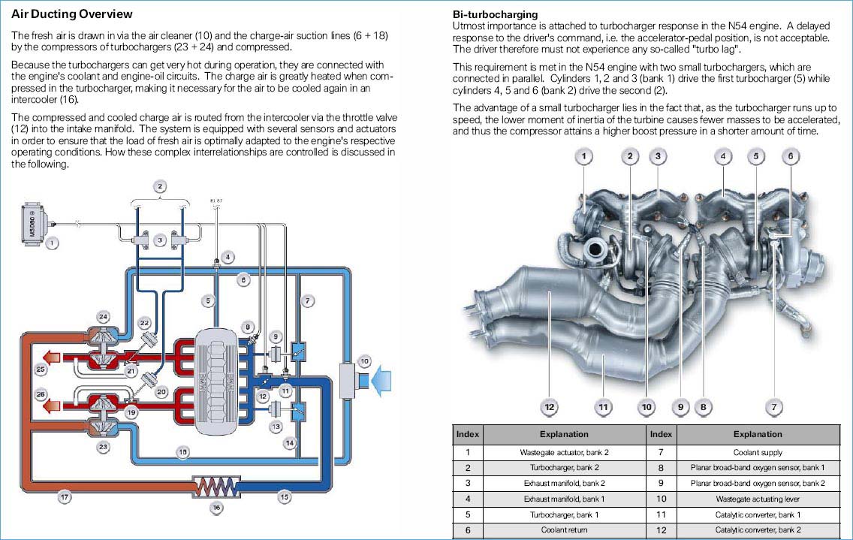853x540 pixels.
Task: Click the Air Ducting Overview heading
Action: tap(72, 14)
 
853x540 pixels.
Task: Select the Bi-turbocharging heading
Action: tap(495, 14)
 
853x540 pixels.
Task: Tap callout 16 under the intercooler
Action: tap(216, 508)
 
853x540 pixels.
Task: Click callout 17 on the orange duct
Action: tap(65, 497)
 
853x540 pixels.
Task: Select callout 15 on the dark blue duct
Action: tap(285, 497)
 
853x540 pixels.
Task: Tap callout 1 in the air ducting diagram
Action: tap(51, 243)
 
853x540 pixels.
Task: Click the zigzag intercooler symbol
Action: tap(216, 487)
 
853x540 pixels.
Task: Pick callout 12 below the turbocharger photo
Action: tap(550, 407)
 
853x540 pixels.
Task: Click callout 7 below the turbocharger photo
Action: tap(773, 407)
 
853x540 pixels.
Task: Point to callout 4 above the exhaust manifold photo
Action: tap(722, 156)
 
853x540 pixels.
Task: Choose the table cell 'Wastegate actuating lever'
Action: tap(758, 499)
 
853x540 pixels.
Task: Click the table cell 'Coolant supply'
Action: tap(758, 452)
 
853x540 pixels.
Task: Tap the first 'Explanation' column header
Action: tap(564, 434)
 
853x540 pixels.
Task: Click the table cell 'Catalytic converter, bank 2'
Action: tap(758, 530)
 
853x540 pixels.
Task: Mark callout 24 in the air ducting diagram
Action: tap(103, 316)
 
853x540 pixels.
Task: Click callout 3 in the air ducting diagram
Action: tap(158, 240)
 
